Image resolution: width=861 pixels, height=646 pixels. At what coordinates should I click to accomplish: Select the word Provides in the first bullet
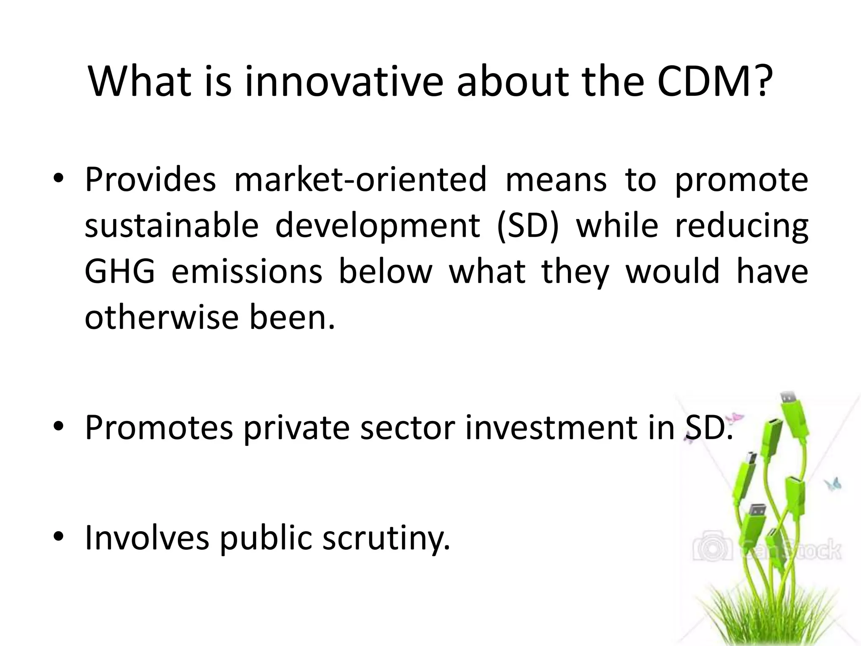[150, 180]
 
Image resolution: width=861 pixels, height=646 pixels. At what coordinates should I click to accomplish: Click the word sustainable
[171, 225]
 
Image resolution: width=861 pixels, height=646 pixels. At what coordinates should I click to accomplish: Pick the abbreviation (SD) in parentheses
[528, 226]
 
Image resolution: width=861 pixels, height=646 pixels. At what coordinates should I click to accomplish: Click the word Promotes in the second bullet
[158, 428]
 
